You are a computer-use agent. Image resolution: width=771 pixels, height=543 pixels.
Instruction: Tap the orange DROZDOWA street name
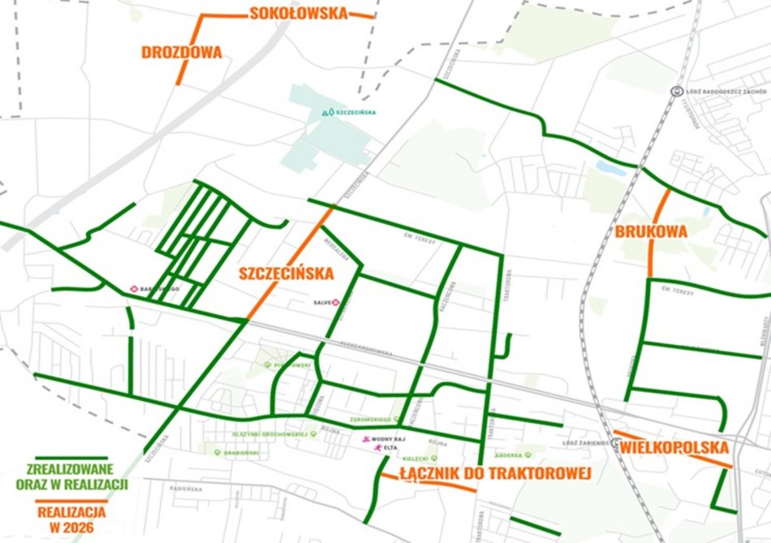(x=182, y=52)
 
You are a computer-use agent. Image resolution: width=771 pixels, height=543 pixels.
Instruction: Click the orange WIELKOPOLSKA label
(x=675, y=447)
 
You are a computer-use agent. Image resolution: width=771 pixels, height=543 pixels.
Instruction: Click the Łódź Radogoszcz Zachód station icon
(x=675, y=91)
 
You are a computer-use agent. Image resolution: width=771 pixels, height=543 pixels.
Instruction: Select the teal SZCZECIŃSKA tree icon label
(x=351, y=112)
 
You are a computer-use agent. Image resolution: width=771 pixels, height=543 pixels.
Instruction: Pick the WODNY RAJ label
(x=387, y=438)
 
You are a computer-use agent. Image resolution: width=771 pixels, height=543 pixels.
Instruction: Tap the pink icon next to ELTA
(x=377, y=447)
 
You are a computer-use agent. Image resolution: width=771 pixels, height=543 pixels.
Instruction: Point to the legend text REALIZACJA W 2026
(x=71, y=519)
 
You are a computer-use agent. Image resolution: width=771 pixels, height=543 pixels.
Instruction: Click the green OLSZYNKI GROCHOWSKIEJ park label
(x=264, y=434)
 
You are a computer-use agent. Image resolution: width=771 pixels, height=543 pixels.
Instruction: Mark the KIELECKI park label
(x=415, y=458)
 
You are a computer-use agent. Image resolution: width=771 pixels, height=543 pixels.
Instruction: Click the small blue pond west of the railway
(x=608, y=166)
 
